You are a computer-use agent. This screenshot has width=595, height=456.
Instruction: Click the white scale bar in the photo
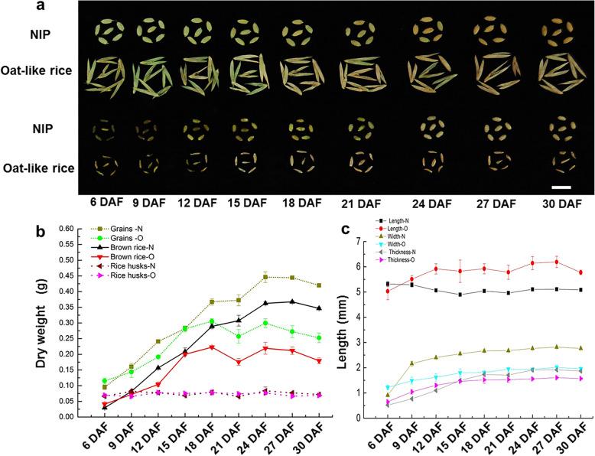(561, 186)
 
